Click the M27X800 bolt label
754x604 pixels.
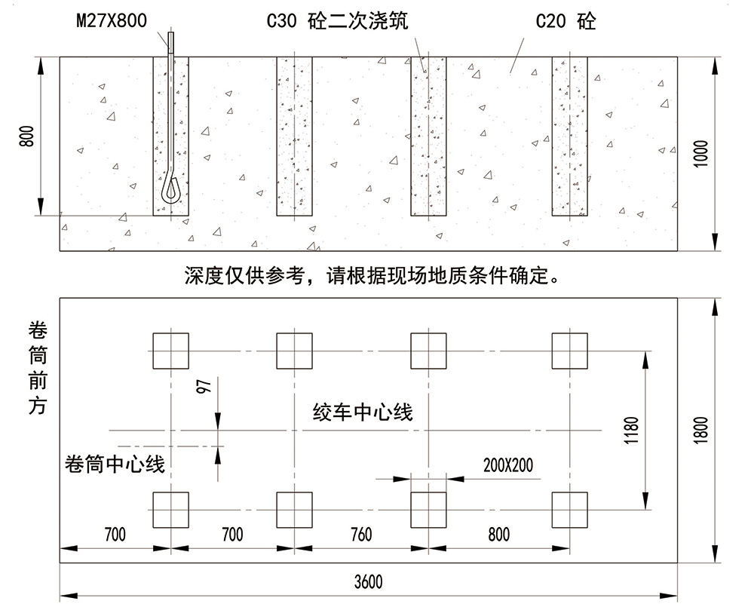(112, 20)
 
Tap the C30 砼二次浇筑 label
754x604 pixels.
(337, 21)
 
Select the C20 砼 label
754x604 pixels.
(565, 21)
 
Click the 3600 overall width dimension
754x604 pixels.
(368, 581)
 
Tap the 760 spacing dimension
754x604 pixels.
(361, 535)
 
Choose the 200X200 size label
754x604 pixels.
(507, 464)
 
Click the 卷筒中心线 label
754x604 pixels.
(115, 464)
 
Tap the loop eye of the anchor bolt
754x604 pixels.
(170, 186)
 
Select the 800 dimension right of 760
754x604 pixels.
(498, 535)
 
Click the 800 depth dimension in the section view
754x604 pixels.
(27, 136)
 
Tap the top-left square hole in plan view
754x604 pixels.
(170, 351)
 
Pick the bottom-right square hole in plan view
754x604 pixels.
(569, 510)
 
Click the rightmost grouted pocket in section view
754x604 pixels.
(569, 136)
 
